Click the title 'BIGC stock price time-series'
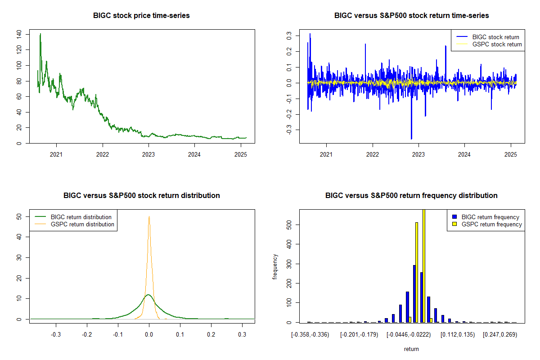pos(141,16)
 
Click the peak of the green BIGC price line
pos(40,34)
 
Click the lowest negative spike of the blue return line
pos(411,138)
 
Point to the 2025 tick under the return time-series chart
pos(511,154)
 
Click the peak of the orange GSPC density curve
pos(149,217)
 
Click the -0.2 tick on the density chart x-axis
pos(87,335)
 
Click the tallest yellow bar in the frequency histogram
pos(423,265)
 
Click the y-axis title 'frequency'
pos(275,266)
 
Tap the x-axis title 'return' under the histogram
pos(411,349)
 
